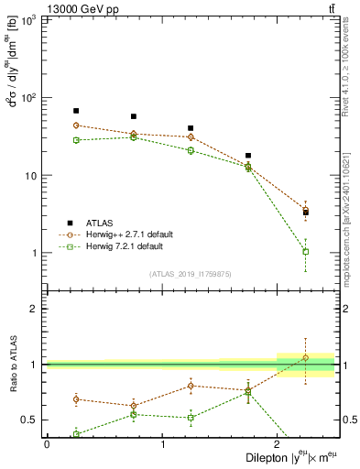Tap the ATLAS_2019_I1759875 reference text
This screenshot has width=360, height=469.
point(190,274)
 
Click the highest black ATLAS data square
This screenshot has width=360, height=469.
point(76,111)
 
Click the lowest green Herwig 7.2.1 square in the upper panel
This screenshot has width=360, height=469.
point(306,251)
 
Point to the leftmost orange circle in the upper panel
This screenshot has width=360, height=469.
point(76,125)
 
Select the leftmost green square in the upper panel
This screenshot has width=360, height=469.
point(76,140)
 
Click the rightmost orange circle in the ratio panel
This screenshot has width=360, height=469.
point(306,357)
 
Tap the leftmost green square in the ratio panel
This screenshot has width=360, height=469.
point(76,434)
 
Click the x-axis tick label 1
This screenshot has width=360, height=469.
point(162,444)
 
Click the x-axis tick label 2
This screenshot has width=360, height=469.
point(278,444)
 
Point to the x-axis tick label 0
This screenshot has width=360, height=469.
point(47,444)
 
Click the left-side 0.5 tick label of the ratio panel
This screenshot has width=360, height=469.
point(32,420)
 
